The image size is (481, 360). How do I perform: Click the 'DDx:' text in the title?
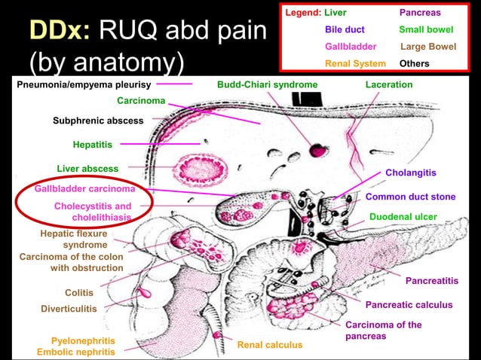pos(60,31)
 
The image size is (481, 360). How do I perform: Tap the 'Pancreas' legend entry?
pos(420,14)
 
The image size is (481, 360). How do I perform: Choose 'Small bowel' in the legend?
pos(427,30)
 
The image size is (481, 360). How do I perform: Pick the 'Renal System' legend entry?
pos(354,63)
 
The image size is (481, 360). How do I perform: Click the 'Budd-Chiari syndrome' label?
pos(267,84)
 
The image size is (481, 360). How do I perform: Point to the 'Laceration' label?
pos(388,84)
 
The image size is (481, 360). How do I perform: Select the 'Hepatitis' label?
pos(93,144)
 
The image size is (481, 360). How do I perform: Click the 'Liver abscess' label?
pos(87,168)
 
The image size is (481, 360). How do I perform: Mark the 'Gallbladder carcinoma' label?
pos(85,188)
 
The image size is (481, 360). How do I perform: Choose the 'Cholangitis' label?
pos(410,172)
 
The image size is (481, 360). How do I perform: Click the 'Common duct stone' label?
pos(410,197)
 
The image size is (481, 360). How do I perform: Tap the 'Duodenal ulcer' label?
pos(403,217)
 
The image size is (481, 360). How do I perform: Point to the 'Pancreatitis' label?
pos(431,281)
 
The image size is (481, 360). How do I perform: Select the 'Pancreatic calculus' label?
pos(409,305)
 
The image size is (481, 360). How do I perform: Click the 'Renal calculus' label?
pos(269,345)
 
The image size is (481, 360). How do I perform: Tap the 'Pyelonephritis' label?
pos(83,340)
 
